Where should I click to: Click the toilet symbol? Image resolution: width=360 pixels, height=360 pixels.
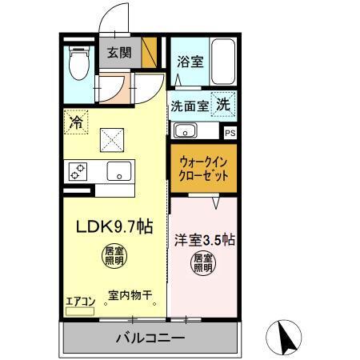click(78, 65)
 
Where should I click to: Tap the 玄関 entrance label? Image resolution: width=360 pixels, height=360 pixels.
click(121, 53)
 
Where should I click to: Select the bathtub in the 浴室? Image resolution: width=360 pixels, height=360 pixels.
click(222, 61)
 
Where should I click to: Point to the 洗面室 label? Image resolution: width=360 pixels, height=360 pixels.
click(189, 106)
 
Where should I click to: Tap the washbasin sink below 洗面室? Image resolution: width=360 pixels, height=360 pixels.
click(186, 130)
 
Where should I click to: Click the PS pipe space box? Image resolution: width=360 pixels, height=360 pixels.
click(230, 134)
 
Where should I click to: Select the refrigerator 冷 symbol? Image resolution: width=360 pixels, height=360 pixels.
click(76, 122)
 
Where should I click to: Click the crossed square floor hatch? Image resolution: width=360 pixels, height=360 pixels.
click(111, 141)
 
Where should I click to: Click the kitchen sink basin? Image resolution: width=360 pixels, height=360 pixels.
click(121, 171)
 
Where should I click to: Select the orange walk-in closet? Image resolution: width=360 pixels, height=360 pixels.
click(203, 169)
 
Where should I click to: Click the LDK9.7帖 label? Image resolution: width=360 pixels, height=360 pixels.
click(114, 226)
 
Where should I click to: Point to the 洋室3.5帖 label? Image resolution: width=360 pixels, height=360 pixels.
click(204, 238)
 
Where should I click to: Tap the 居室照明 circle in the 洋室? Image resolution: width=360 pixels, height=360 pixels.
click(203, 262)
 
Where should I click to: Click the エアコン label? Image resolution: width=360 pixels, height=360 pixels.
click(80, 301)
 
